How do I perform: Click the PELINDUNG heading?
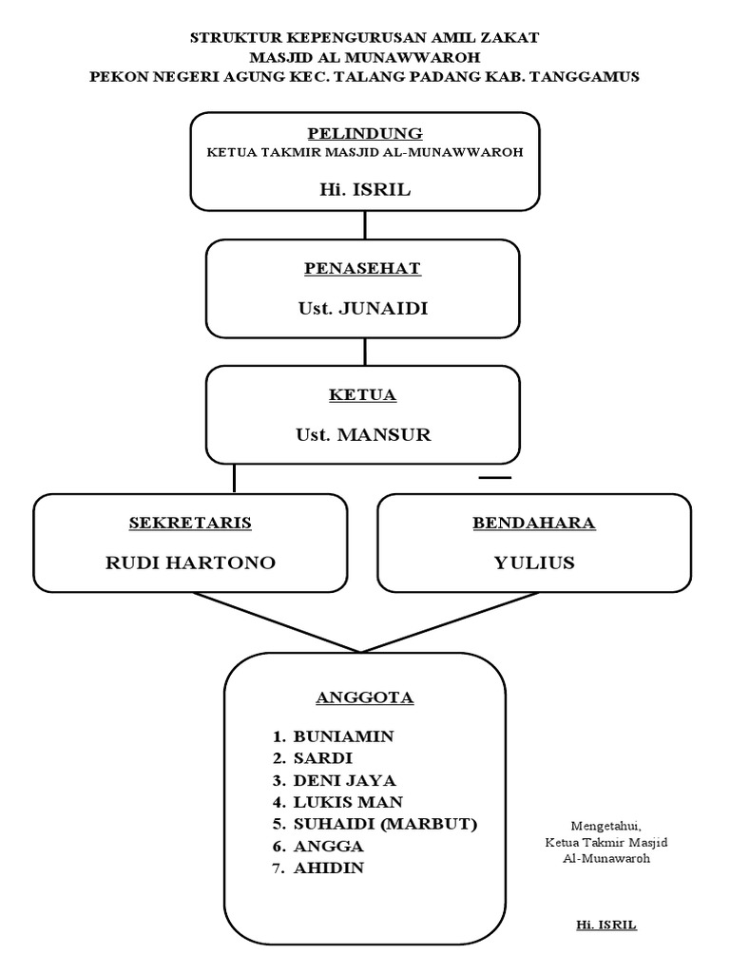coord(364,133)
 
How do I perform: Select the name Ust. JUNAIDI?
coord(363,309)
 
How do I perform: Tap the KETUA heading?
coord(363,395)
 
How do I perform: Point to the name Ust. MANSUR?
coord(363,435)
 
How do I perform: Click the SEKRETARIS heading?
coord(190,523)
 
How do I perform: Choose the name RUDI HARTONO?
coord(190,563)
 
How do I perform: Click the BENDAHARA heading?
coord(534,523)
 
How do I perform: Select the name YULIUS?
coord(534,563)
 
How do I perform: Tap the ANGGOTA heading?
coord(364,697)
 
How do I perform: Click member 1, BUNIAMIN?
coord(343,736)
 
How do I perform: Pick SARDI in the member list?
coord(322,758)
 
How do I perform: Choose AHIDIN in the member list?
coord(329,868)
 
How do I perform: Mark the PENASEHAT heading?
coord(363,269)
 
